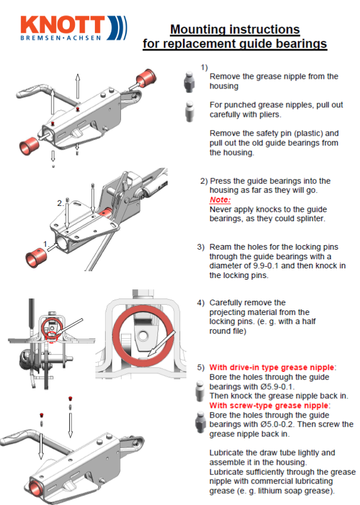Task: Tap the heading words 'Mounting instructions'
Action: pyautogui.click(x=235, y=29)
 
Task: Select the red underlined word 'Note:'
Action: pyautogui.click(x=220, y=200)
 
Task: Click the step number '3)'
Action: pyautogui.click(x=201, y=247)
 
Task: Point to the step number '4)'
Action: pyautogui.click(x=201, y=302)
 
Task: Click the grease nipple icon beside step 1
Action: pyautogui.click(x=190, y=83)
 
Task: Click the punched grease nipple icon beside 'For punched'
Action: pyautogui.click(x=190, y=110)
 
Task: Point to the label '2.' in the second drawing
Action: pyautogui.click(x=60, y=203)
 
